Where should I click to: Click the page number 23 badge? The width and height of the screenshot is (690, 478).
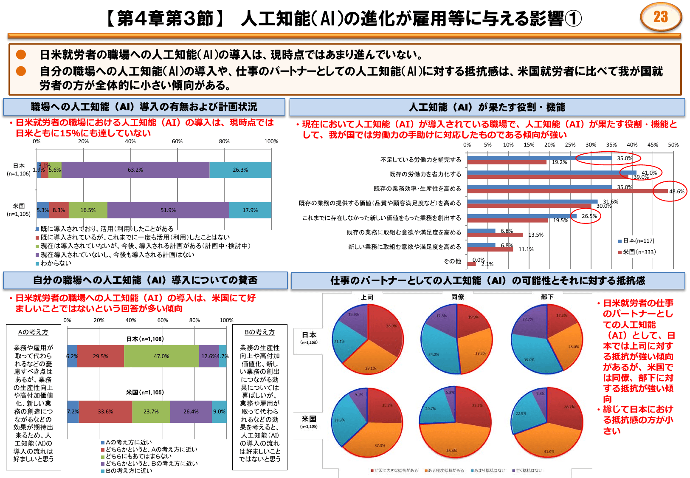click(x=660, y=17)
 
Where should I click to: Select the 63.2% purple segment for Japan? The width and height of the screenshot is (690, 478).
click(x=135, y=170)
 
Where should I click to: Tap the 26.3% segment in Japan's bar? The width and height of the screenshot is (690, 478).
click(x=240, y=170)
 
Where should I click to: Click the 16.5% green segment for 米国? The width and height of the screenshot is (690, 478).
click(x=88, y=210)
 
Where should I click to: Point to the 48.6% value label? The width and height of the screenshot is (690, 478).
click(x=676, y=192)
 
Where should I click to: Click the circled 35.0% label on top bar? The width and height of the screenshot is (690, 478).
click(x=624, y=158)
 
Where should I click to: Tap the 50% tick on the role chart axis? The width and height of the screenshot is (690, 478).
click(x=673, y=145)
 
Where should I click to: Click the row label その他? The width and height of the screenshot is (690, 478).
click(x=452, y=261)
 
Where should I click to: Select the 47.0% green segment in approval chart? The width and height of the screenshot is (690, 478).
click(x=161, y=356)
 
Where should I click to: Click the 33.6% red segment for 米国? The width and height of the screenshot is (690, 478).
click(x=105, y=412)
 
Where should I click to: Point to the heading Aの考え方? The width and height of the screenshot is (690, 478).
click(x=33, y=332)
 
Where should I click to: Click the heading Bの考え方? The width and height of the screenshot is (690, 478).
click(x=259, y=332)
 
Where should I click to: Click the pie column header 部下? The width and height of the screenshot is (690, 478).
click(x=547, y=297)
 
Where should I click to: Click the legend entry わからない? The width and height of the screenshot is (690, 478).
click(x=56, y=263)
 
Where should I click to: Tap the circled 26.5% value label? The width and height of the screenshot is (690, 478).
click(x=589, y=216)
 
